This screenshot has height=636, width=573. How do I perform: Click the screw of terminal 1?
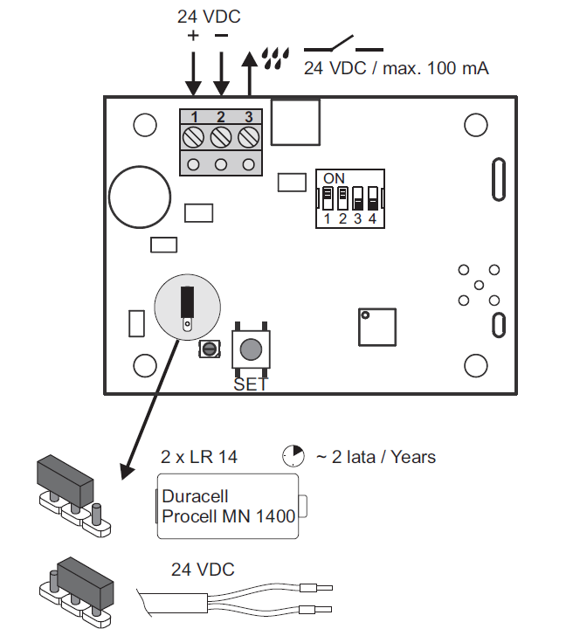click(x=193, y=137)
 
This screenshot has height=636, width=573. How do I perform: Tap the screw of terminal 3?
click(x=249, y=137)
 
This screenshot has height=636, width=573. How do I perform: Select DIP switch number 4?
click(x=373, y=198)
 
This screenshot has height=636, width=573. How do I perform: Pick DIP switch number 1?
click(x=328, y=198)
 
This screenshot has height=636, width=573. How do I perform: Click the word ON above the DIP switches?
click(x=334, y=178)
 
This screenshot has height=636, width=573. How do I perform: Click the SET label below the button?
click(x=251, y=384)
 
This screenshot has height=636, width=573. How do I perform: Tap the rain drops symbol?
click(x=275, y=58)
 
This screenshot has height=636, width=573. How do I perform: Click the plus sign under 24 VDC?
click(x=193, y=36)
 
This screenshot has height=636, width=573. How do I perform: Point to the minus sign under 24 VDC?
click(x=221, y=36)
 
